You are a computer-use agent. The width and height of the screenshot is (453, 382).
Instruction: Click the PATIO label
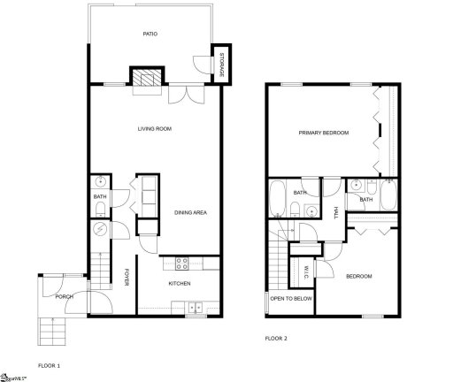point(150,34)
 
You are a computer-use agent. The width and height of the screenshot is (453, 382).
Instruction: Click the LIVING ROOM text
point(154,130)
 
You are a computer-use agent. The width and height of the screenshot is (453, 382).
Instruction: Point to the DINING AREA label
point(190,212)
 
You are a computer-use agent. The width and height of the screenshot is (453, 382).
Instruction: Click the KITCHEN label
point(180,283)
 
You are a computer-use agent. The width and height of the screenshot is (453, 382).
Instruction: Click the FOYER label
point(127,276)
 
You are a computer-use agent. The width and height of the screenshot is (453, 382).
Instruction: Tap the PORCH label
point(64,296)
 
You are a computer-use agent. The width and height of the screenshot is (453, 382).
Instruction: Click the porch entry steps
point(51,331)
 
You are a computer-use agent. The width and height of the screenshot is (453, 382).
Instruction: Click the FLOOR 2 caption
point(277,338)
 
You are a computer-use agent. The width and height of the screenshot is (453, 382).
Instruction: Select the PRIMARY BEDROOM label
point(323,133)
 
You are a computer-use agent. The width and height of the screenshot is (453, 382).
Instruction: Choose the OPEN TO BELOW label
point(291,299)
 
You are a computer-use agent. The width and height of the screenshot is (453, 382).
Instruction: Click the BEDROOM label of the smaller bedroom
point(358,277)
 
